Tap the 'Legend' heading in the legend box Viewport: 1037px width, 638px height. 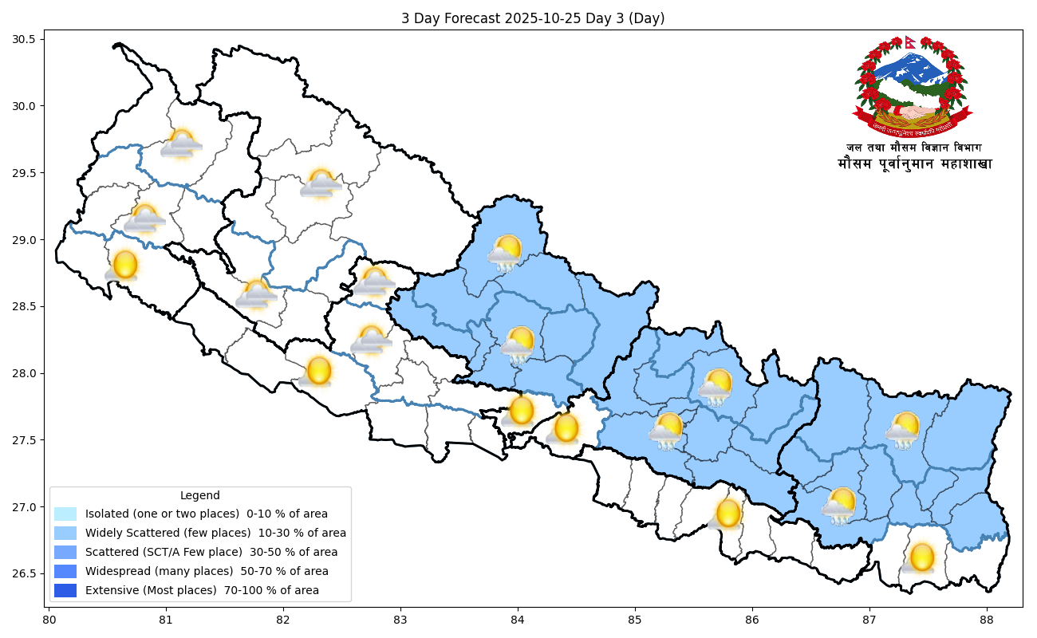(199, 495)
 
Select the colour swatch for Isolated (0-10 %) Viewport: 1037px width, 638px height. (65, 514)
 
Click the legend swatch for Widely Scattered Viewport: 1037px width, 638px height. (65, 533)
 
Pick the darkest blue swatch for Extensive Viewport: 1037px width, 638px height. (65, 590)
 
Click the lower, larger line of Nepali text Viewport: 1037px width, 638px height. (914, 163)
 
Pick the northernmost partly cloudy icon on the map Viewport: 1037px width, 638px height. (181, 144)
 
